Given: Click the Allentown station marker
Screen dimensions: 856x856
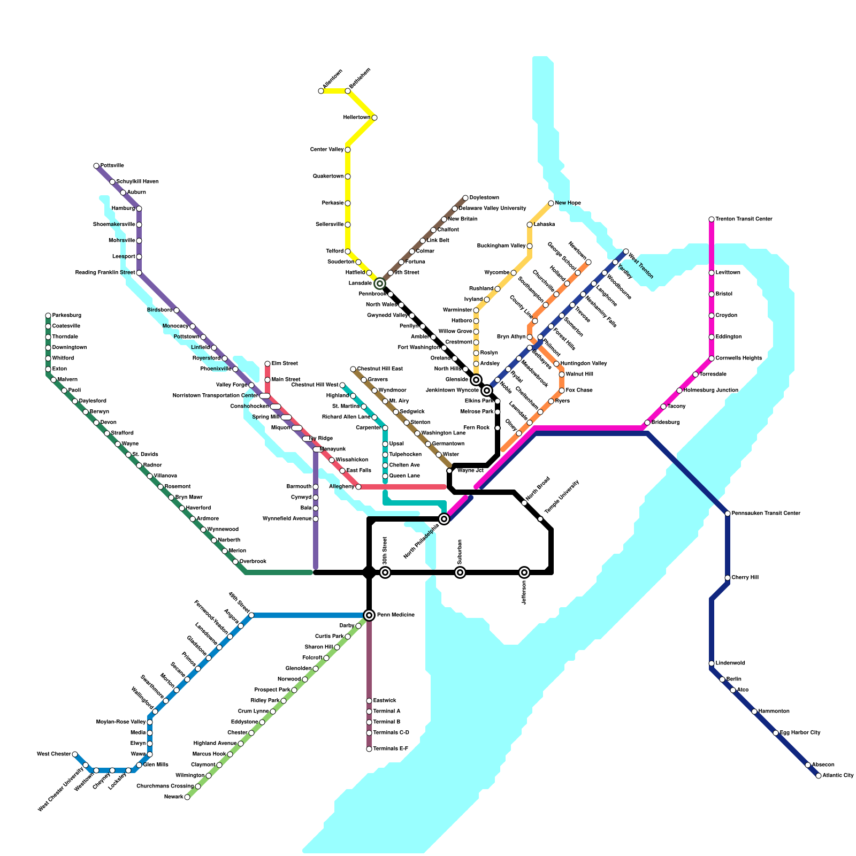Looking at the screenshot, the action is tap(321, 91).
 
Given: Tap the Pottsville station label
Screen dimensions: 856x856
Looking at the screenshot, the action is tap(112, 166).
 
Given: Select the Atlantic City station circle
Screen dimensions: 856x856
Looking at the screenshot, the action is tap(819, 776).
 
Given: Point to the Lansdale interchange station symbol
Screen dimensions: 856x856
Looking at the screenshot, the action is tap(380, 284).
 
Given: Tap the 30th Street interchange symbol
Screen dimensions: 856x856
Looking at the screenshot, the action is tap(385, 572).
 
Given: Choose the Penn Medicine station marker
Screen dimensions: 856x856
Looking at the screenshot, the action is tap(369, 615).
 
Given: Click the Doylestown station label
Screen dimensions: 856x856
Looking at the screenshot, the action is tap(484, 198).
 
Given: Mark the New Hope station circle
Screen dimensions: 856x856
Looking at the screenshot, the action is tap(551, 203).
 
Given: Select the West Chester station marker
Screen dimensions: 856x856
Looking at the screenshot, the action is tap(75, 754).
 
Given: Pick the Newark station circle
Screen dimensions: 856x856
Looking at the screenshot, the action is tap(187, 797).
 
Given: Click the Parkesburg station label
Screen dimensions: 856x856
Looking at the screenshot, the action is tap(67, 316).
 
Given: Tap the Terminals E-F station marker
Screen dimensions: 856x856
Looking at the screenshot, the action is tap(369, 749).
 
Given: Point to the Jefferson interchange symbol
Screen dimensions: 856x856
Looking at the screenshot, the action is tap(524, 572).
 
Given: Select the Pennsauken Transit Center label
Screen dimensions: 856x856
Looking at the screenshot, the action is tap(766, 514).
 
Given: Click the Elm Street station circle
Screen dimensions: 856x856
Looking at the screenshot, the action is tap(267, 364).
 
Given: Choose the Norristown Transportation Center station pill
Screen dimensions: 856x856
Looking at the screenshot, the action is tap(265, 396).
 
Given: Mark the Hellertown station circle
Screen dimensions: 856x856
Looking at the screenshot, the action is tap(374, 118).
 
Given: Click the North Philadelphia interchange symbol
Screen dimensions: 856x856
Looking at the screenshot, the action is tap(444, 519).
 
